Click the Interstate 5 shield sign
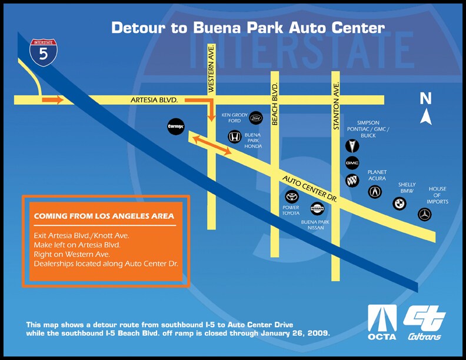[44, 52]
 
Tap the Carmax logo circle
[176, 126]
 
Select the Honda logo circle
[235, 137]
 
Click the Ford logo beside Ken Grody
[255, 118]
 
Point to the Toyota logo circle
[292, 196]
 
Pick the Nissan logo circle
[317, 208]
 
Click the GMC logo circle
[352, 163]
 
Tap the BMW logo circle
[399, 204]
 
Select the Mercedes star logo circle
[424, 215]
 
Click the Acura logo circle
[375, 192]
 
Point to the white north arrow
[426, 116]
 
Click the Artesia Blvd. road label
[154, 100]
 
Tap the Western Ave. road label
[211, 68]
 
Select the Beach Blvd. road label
[275, 104]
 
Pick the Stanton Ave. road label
[336, 106]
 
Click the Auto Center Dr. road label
[309, 189]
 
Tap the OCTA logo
[382, 322]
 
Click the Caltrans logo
[424, 323]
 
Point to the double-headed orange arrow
[212, 145]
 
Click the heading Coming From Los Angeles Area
[104, 216]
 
